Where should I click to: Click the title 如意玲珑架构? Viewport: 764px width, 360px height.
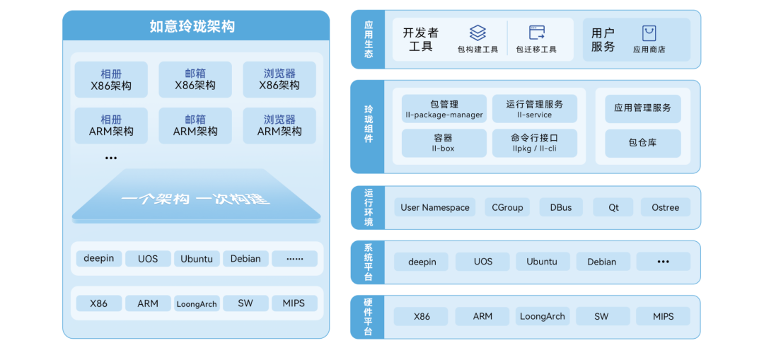[192, 26]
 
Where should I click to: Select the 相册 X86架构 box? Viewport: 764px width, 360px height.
[111, 79]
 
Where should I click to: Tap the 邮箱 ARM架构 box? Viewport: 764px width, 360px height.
[195, 126]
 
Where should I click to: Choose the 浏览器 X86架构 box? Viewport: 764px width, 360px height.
[279, 79]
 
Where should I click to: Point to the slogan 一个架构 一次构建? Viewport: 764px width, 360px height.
[195, 199]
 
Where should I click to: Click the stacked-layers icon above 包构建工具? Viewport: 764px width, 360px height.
[477, 33]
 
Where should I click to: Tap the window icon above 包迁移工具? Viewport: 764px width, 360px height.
[536, 33]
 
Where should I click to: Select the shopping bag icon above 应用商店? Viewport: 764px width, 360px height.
[649, 34]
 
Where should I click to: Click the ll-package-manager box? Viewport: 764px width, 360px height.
[444, 109]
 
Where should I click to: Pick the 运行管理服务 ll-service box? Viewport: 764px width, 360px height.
[535, 109]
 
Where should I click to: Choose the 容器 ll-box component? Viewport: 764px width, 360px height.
[444, 143]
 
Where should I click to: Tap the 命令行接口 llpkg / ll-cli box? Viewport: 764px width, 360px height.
[535, 143]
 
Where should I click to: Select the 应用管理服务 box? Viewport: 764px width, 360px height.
[642, 109]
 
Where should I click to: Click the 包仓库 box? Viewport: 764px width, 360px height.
[642, 143]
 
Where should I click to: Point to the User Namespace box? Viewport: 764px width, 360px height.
[434, 207]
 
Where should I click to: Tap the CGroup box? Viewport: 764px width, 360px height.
[507, 207]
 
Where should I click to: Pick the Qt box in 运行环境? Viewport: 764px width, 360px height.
[613, 207]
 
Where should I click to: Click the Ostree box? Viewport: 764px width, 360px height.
[665, 207]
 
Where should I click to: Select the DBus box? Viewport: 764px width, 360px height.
[561, 207]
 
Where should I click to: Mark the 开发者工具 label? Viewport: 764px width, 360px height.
[420, 40]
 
